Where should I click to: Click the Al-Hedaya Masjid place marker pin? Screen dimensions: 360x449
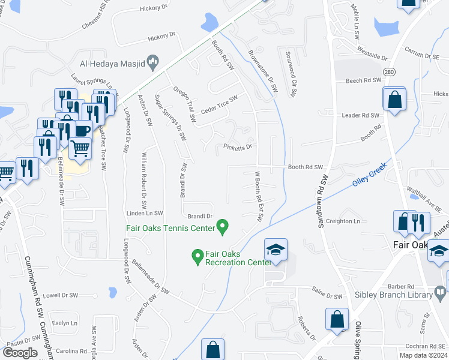click(152, 61)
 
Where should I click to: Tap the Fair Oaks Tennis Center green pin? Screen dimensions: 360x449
click(223, 227)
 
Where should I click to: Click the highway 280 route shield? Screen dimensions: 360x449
click(389, 72)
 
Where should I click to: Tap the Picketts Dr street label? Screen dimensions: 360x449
click(238, 146)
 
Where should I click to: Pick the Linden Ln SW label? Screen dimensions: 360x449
click(145, 213)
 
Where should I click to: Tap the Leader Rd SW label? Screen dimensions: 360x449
click(361, 115)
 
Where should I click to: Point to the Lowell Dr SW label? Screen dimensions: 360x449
click(61, 295)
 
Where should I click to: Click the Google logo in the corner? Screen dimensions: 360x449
click(20, 353)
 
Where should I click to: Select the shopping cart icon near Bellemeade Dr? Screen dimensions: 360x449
click(80, 148)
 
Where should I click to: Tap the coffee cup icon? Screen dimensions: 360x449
click(82, 130)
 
